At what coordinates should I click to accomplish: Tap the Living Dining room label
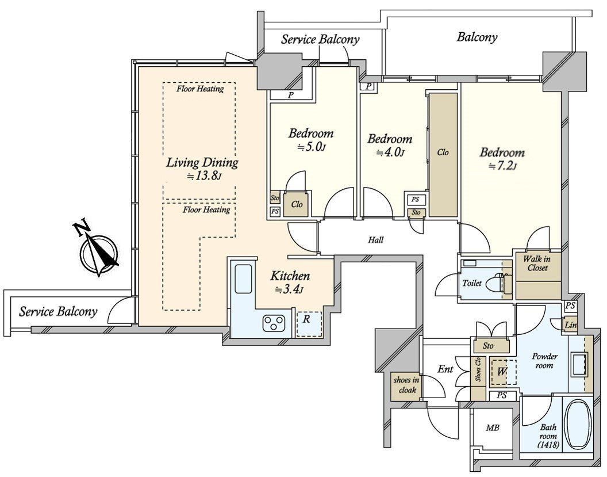(x=202, y=163)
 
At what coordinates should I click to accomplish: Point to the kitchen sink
(x=243, y=280)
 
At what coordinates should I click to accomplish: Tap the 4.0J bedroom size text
(x=390, y=152)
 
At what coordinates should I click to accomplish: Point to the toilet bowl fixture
(x=493, y=283)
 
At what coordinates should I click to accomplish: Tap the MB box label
(x=493, y=428)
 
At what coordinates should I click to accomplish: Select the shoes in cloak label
(x=406, y=385)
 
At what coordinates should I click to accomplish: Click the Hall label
(x=376, y=240)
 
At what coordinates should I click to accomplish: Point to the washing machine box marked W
(x=502, y=372)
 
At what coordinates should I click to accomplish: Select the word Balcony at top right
(x=477, y=37)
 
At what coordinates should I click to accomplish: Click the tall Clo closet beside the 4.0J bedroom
(x=443, y=152)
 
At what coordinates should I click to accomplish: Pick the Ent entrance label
(x=445, y=369)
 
